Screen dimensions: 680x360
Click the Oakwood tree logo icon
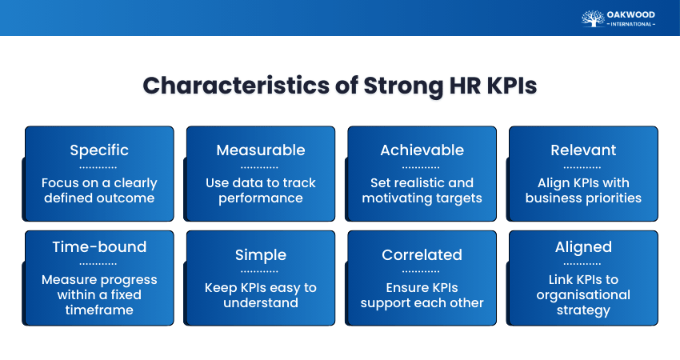point(593,18)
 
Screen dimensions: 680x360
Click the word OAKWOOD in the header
point(631,14)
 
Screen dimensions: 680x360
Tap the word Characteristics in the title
point(236,86)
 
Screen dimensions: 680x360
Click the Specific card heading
point(99,150)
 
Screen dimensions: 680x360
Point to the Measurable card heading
point(261,150)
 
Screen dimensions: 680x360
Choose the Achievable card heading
point(422,150)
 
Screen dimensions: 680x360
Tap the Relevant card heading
point(583,150)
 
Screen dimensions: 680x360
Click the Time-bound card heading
point(99,246)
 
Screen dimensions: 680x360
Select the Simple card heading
point(261,255)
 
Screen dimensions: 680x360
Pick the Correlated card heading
point(422,255)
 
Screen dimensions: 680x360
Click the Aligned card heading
point(583,247)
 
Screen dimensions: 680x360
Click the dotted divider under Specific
point(98,167)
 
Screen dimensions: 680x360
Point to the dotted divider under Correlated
point(421,272)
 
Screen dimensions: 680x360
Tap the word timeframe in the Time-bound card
point(99,310)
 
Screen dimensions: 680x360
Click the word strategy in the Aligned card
point(583,310)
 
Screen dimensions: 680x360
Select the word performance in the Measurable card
point(261,198)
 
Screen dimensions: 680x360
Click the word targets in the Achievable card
point(458,198)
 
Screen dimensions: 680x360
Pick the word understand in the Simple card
point(261,302)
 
